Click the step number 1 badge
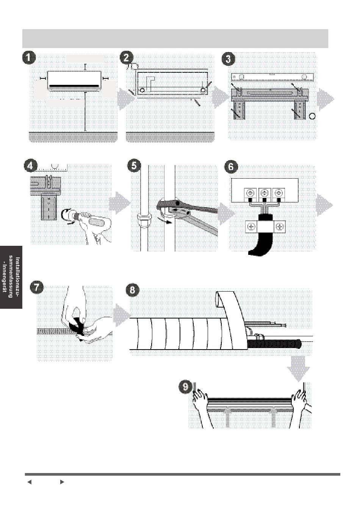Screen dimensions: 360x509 pyautogui.click(x=29, y=59)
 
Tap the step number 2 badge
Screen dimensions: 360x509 pyautogui.click(x=127, y=59)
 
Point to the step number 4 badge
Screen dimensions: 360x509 pyautogui.click(x=30, y=166)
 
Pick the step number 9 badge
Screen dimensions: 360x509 pyautogui.click(x=185, y=387)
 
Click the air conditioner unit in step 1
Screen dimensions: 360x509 pyautogui.click(x=75, y=81)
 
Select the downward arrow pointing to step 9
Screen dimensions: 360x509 pyautogui.click(x=298, y=368)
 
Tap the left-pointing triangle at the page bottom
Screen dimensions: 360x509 pyautogui.click(x=29, y=482)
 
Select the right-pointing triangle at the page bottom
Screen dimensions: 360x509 pyautogui.click(x=62, y=482)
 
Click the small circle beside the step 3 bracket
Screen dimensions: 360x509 pyautogui.click(x=312, y=116)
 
